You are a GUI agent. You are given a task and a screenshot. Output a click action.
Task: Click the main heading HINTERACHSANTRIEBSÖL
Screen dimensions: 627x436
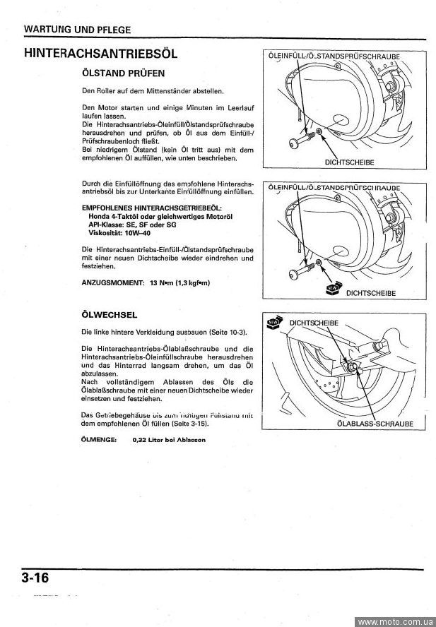coord(100,54)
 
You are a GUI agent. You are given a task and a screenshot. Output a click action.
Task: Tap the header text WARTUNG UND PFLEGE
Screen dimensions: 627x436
coord(77,30)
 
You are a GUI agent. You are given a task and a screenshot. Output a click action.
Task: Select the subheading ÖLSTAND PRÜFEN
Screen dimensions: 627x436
coord(124,73)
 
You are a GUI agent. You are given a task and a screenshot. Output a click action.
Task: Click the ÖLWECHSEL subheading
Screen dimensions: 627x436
coord(110,314)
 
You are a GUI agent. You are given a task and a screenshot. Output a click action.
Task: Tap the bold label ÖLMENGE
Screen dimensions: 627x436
coord(100,439)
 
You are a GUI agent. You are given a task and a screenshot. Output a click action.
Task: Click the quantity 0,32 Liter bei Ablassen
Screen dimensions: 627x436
coord(169,439)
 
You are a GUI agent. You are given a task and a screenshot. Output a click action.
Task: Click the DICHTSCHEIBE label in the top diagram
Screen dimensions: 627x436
coord(349,162)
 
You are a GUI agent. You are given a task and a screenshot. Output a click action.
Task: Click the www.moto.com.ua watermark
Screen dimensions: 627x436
coord(394,621)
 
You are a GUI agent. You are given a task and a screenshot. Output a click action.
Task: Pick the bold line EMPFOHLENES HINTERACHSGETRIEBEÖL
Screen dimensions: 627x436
coord(152,208)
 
